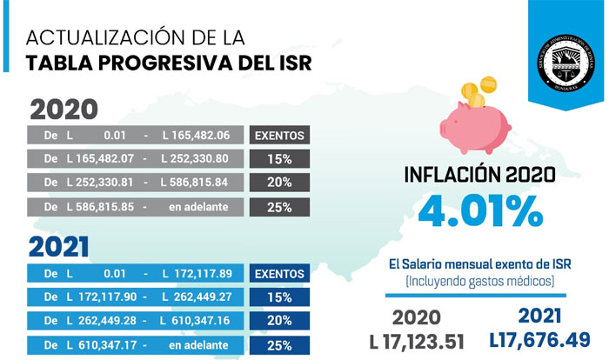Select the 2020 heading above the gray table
point(64,110)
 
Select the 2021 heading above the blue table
point(59,247)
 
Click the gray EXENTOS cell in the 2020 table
point(279,136)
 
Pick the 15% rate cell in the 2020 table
point(279,159)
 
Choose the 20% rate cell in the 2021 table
point(279,320)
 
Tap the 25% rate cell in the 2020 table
point(279,207)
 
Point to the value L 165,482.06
point(196,136)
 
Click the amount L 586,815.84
point(196,183)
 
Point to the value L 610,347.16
point(196,320)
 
